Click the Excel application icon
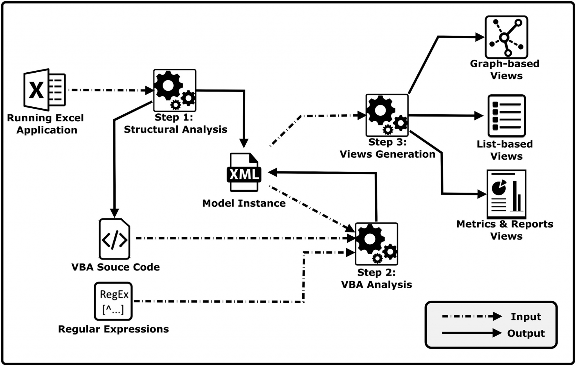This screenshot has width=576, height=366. point(44,90)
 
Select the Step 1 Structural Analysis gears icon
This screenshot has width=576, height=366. point(175,90)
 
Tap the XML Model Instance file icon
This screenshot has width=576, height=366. point(244,172)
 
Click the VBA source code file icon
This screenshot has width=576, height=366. point(114,239)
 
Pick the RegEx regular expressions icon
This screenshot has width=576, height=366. point(113,301)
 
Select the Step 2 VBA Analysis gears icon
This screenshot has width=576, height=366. point(376,244)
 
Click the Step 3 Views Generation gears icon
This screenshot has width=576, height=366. point(387,115)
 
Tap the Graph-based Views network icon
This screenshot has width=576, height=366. point(506,37)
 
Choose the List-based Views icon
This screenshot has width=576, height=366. point(507,116)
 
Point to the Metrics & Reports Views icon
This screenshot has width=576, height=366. point(506,194)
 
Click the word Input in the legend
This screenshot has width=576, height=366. point(526,317)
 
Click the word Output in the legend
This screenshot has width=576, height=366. point(526,333)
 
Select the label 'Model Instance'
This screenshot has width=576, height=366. point(244,203)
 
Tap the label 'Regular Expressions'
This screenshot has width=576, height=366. point(113,329)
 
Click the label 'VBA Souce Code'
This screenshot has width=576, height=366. point(116,267)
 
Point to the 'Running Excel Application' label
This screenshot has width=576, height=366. point(46,124)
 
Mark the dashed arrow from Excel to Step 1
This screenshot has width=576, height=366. point(110,90)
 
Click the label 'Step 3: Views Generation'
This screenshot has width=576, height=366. point(388,148)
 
